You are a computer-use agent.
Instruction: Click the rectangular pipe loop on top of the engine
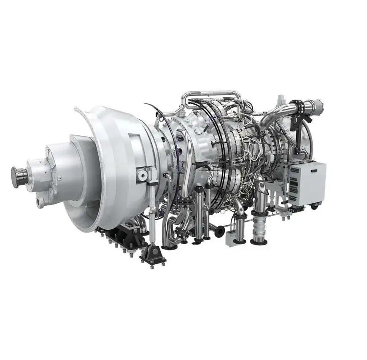click(211, 94)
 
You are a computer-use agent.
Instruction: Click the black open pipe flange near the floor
click(219, 231)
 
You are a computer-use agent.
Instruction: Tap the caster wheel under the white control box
click(314, 207)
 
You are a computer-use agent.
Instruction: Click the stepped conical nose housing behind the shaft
click(55, 169)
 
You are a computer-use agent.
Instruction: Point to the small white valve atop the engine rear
click(279, 101)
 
